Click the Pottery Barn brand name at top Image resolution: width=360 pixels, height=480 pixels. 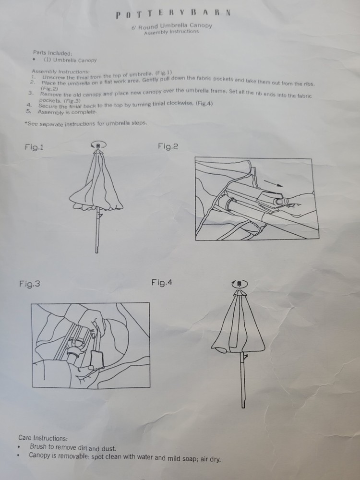coord(173,13)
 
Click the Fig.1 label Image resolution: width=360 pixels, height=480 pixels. coord(34,147)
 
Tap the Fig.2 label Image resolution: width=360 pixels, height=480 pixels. coord(168,146)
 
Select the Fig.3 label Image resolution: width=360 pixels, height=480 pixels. coord(29,284)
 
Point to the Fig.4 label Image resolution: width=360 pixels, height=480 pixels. coord(162,282)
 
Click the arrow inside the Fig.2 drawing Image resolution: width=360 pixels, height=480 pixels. coord(274,183)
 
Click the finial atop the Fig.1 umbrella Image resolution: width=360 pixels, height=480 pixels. coord(98,146)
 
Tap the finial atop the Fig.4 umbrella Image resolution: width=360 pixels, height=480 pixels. coord(240,284)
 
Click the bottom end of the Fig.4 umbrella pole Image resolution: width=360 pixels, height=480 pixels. coord(243,408)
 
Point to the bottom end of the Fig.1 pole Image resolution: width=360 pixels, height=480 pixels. coord(97,252)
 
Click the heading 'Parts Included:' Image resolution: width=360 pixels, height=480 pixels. coord(53,53)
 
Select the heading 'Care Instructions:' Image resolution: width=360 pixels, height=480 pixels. coord(43,438)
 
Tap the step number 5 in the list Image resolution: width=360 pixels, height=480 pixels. coord(28,111)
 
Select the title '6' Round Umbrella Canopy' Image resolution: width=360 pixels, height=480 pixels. coord(172,26)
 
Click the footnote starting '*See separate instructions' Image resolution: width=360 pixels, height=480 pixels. coord(86,123)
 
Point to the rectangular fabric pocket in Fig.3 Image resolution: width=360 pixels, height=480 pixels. coord(97,360)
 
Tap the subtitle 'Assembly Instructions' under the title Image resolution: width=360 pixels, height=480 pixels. coord(171,32)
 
